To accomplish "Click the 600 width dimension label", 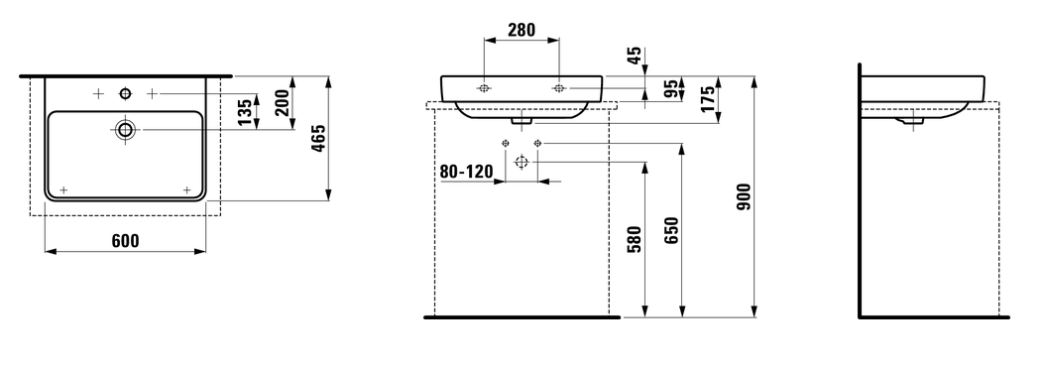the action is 125,241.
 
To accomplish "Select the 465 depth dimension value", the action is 318,138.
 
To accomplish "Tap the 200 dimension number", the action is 283,103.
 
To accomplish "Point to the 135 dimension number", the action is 245,112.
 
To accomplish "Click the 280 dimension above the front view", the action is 522,30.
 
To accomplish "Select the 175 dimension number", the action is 708,98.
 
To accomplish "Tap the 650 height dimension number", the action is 671,230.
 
